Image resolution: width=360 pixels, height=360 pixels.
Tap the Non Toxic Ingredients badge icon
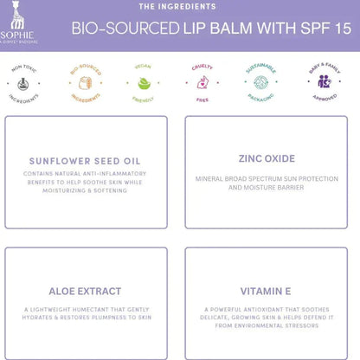click(x=24, y=84)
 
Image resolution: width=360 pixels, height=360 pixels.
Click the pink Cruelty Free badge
click(x=204, y=84)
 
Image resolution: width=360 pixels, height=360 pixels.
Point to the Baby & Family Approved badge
click(x=324, y=84)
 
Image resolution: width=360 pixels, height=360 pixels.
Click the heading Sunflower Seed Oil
click(x=85, y=161)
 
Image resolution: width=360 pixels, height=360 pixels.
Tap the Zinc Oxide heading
click(x=267, y=159)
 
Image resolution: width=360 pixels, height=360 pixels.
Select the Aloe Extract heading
click(x=85, y=292)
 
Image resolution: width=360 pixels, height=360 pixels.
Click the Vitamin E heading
click(x=267, y=292)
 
